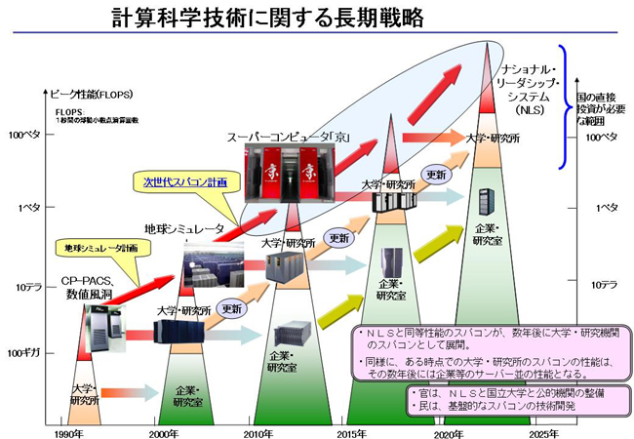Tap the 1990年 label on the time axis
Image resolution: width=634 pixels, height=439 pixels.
pyautogui.click(x=66, y=431)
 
